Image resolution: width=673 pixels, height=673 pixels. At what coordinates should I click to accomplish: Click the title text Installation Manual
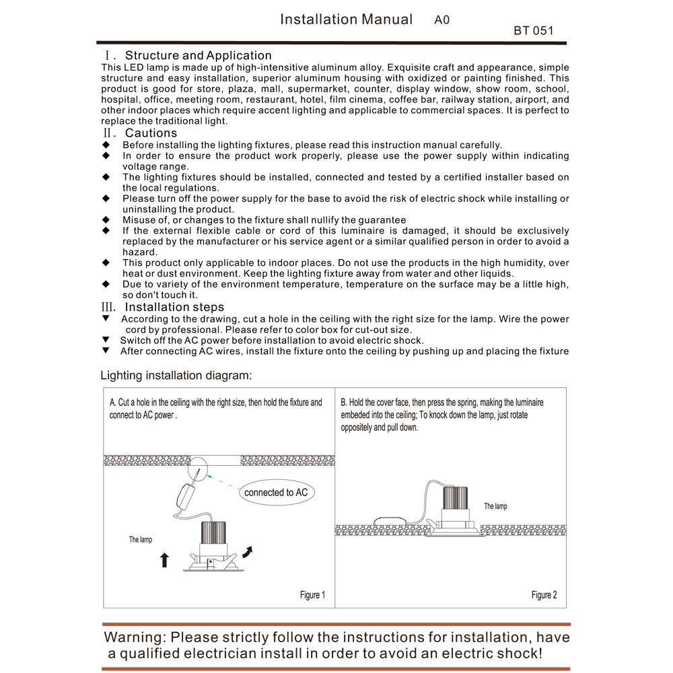pos(346,20)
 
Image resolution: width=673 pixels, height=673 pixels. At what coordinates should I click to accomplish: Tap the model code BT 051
pos(533,31)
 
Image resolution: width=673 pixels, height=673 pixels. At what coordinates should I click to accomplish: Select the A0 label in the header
pos(441,20)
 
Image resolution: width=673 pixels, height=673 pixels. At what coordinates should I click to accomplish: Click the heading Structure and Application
pos(198,55)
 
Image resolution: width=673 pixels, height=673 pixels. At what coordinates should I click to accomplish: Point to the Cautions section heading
pos(151,133)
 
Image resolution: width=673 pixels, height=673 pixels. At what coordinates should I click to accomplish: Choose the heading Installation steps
pos(174,308)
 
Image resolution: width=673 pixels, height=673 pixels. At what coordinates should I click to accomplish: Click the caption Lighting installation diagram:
pos(176,376)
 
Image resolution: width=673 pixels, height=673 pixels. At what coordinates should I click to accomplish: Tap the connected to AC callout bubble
pos(276,493)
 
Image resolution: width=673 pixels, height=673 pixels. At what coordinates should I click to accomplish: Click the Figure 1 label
pos(312,595)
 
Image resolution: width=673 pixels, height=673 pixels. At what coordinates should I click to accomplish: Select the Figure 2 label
pos(544,595)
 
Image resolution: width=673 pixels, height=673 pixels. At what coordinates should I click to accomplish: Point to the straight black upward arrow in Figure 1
pos(164,559)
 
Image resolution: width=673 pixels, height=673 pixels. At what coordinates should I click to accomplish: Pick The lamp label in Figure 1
pos(141,540)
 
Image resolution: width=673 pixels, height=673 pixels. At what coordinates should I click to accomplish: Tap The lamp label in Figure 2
pos(495,506)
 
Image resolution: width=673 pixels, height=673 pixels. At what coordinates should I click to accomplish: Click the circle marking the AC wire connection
pos(200,467)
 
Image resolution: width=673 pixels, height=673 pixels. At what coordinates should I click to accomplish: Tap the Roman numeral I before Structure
pos(106,56)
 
